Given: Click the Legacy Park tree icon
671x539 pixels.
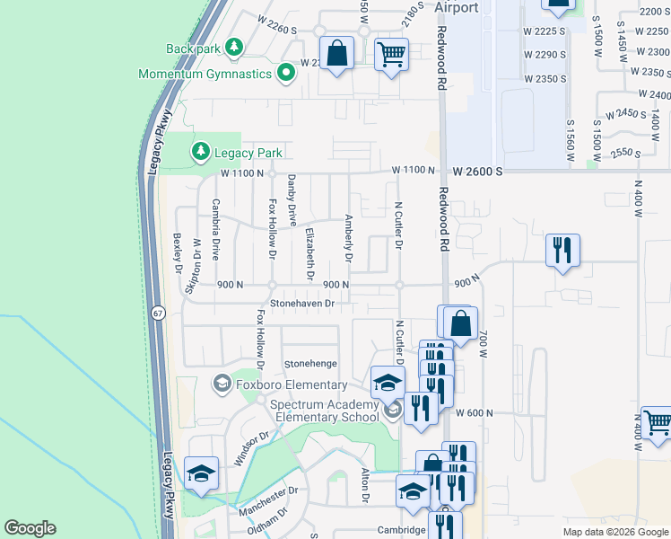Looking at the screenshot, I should pyautogui.click(x=199, y=154).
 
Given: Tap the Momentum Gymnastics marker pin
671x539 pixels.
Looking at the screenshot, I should pyautogui.click(x=287, y=73).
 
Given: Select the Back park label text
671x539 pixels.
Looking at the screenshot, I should pyautogui.click(x=192, y=49).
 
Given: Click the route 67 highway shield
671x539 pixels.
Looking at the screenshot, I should pyautogui.click(x=158, y=313).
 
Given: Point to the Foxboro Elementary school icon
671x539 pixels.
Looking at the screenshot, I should pyautogui.click(x=221, y=384).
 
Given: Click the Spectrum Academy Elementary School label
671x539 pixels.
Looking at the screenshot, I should pyautogui.click(x=325, y=411).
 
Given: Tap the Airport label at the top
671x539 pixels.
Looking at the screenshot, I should pyautogui.click(x=456, y=7).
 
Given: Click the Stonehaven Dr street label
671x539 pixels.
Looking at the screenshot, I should pyautogui.click(x=302, y=304).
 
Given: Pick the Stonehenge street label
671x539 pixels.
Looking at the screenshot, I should pyautogui.click(x=309, y=364).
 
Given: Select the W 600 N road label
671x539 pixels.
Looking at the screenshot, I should pyautogui.click(x=475, y=412).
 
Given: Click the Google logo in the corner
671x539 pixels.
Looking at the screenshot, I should pyautogui.click(x=30, y=528).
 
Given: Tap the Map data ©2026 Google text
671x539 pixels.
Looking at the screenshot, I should pyautogui.click(x=614, y=532).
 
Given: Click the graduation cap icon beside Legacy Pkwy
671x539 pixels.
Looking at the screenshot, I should pyautogui.click(x=201, y=473).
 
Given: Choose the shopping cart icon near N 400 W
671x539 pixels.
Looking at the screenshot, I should pyautogui.click(x=657, y=423).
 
